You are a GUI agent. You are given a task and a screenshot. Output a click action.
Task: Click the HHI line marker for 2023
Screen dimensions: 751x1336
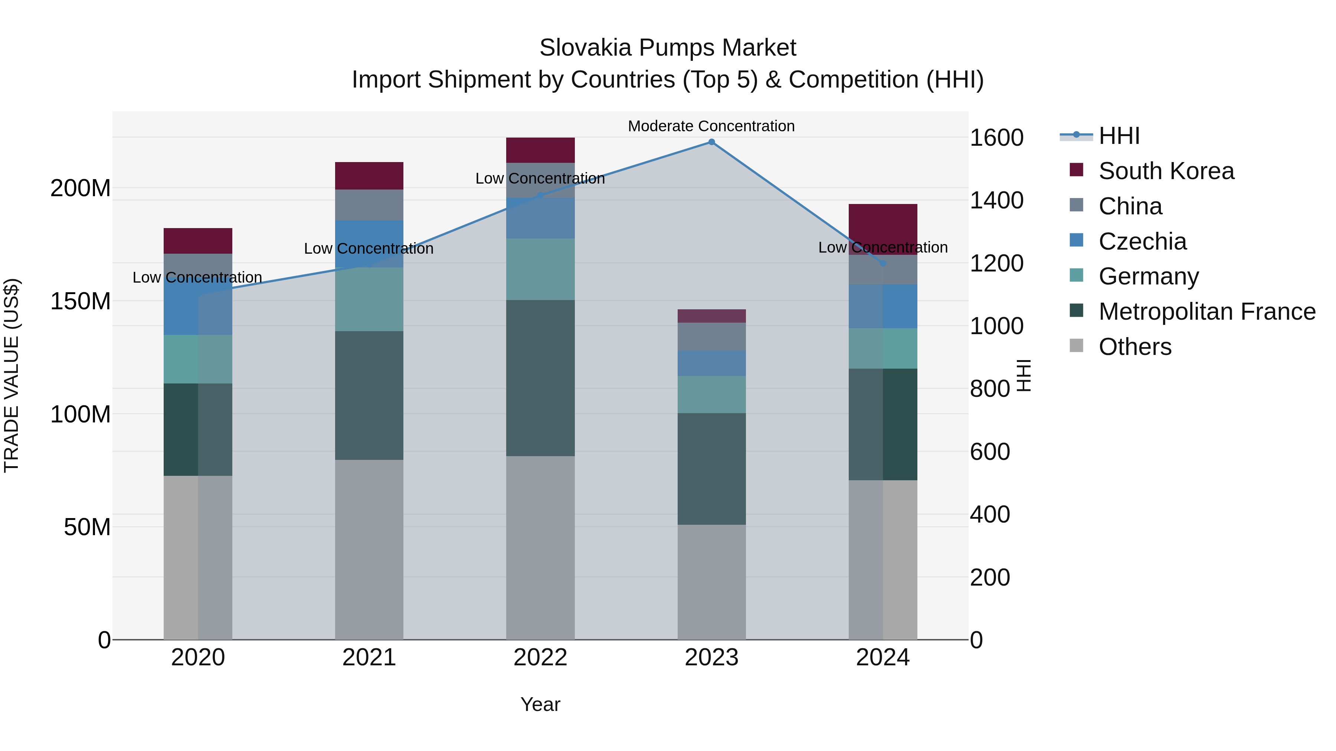pos(711,142)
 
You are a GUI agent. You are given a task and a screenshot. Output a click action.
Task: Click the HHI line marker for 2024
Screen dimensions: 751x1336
pos(883,263)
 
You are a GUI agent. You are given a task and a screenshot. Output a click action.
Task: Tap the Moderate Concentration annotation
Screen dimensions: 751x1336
pos(711,126)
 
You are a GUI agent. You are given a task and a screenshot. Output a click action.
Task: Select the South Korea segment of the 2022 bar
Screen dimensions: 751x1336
pos(540,150)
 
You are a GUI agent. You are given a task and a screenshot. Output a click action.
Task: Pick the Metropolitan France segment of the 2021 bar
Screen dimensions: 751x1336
pos(369,395)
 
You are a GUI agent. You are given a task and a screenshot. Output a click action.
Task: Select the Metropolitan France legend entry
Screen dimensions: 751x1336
pos(1206,312)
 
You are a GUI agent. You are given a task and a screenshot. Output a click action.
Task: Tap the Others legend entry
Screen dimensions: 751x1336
pos(1135,347)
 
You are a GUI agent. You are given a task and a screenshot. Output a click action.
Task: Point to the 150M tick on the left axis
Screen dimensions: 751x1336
pos(81,301)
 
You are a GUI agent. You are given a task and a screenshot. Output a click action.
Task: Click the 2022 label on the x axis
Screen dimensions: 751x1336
pos(540,658)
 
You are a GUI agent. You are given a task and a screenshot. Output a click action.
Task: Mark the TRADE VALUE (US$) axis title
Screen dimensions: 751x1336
pos(12,375)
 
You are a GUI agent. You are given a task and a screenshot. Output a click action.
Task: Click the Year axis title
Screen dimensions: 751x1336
pos(540,704)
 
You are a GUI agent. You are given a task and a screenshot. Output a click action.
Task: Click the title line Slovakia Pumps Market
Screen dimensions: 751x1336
pos(668,48)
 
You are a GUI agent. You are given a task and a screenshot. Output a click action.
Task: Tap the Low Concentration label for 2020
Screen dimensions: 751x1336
pos(197,277)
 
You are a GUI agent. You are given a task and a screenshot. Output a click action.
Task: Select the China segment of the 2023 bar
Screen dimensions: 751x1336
pos(711,336)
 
